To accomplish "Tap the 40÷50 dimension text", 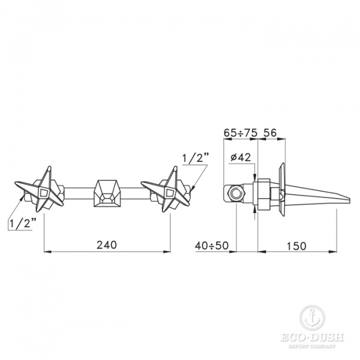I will click(212, 245).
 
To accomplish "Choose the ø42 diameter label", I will click(240, 158).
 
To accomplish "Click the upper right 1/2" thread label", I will click(195, 158).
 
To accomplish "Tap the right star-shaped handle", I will click(166, 191).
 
